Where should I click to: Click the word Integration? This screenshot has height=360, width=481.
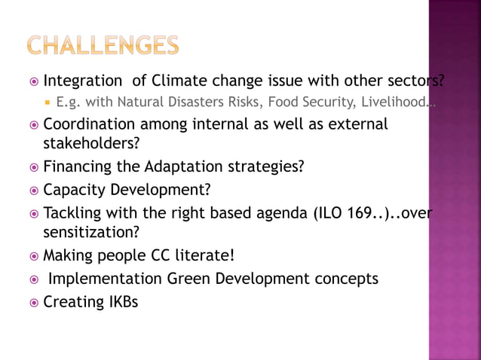82,81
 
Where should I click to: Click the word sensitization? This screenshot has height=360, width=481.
89,232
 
